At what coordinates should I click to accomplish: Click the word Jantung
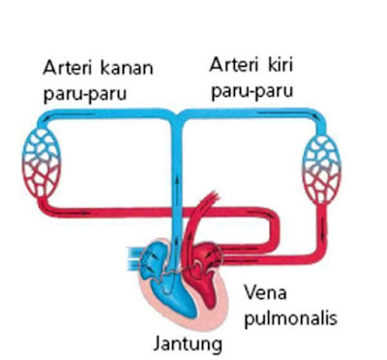[186, 343]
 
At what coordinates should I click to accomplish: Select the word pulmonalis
[290, 316]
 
